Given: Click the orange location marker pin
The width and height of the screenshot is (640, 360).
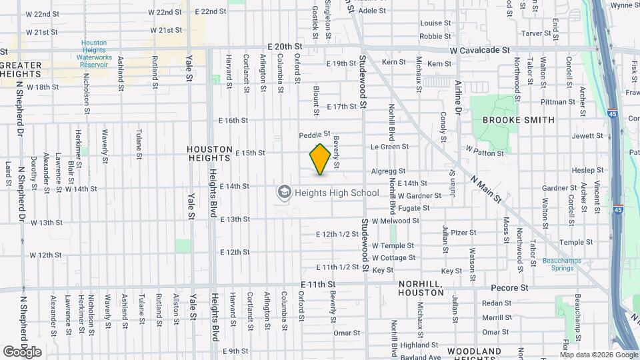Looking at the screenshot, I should [x=320, y=159].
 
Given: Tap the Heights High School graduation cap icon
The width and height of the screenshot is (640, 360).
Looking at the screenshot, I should [x=284, y=193].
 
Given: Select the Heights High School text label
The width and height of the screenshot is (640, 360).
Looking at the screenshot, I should [x=336, y=193].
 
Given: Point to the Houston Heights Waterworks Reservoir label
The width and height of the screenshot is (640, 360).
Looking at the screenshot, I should [x=94, y=53].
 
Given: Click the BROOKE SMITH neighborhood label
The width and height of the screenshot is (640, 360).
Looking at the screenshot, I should [x=518, y=120].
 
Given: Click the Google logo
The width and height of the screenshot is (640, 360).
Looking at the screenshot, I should [x=22, y=351].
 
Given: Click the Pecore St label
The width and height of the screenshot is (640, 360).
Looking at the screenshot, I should [x=509, y=288].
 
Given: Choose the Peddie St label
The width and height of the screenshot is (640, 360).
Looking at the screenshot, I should [x=315, y=134].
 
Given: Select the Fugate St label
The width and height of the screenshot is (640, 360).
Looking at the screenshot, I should [x=414, y=208].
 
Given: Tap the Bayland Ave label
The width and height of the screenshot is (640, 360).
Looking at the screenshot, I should [x=419, y=357].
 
